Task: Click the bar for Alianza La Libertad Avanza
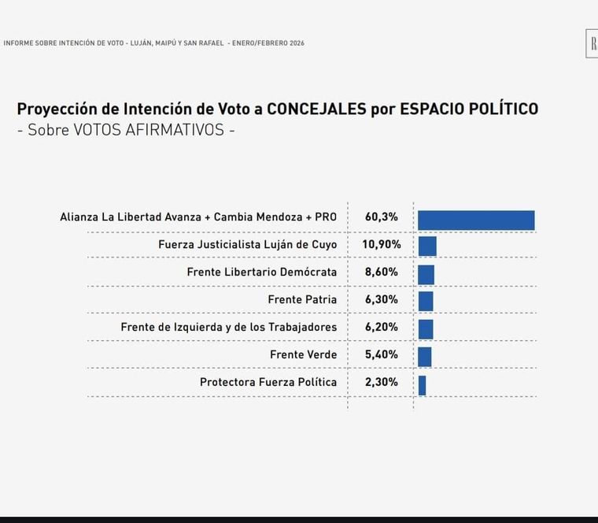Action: point(476,221)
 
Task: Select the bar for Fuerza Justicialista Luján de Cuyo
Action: point(427,247)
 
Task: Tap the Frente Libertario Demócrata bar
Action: point(426,274)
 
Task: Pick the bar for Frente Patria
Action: point(426,301)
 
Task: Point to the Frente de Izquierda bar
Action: point(426,328)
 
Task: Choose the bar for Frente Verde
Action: point(425,356)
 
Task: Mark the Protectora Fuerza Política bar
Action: point(422,385)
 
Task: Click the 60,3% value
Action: point(381,217)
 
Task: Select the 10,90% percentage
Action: point(381,244)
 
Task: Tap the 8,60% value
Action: point(381,272)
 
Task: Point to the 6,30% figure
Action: point(381,299)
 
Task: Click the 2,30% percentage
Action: point(381,382)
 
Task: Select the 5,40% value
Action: point(381,354)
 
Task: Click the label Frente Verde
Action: point(303,354)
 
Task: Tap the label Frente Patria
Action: point(302,299)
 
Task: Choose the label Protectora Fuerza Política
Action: point(268,382)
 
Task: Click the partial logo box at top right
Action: point(592,43)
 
